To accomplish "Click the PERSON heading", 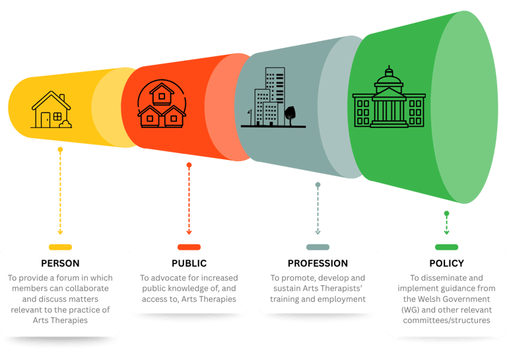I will coord(60,264).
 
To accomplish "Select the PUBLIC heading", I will coord(189,264).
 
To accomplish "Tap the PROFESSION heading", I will coord(318,264).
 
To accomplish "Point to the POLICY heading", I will coord(446,264).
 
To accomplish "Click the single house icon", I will coord(51,110).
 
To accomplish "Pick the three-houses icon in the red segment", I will coord(161,106).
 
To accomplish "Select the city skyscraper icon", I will coord(269,98).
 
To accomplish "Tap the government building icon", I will coord(389,98).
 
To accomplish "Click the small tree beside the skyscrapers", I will coord(289,114).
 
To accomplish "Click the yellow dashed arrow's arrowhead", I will coord(60,233).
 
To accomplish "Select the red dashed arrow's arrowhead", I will coord(189,233).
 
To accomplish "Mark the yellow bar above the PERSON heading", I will coord(60,247).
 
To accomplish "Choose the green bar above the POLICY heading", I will coord(446,247).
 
